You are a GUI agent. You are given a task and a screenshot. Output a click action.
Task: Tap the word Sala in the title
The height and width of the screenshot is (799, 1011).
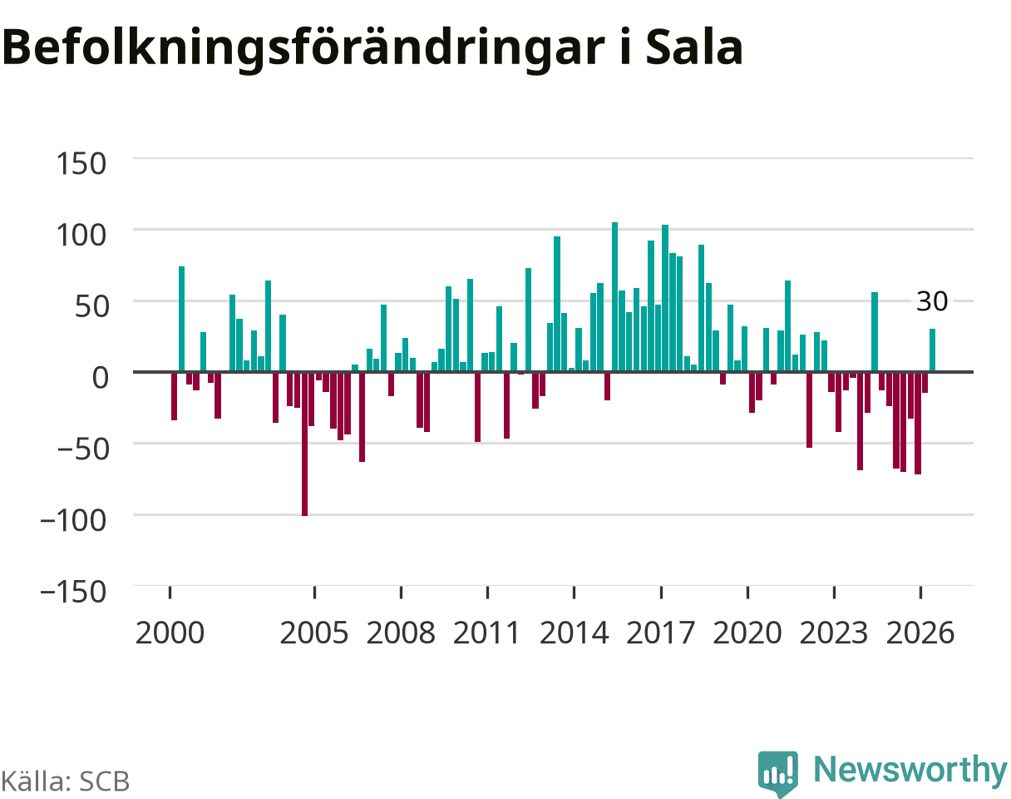694,47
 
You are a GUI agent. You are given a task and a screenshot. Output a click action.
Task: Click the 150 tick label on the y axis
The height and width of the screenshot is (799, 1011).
81,164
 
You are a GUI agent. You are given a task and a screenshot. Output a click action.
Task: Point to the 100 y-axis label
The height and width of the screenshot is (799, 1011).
81,236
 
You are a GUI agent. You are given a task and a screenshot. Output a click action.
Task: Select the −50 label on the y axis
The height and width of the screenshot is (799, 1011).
83,449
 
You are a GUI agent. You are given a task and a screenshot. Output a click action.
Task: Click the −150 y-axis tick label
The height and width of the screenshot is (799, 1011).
74,591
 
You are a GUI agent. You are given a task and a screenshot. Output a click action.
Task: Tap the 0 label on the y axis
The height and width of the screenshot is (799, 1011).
101,377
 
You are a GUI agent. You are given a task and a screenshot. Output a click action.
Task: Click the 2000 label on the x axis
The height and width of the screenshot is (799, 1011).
170,633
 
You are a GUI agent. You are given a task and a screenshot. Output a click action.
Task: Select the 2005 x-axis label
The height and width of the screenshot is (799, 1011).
314,633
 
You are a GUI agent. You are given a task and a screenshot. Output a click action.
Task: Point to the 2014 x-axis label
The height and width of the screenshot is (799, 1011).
574,633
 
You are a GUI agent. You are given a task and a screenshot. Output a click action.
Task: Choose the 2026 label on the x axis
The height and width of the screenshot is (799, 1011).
920,633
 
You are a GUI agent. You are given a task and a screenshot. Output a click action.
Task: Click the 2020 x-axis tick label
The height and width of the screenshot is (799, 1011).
747,633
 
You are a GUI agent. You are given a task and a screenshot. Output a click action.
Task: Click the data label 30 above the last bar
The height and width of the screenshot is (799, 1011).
932,301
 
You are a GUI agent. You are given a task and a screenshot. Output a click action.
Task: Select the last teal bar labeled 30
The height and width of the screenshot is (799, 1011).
932,350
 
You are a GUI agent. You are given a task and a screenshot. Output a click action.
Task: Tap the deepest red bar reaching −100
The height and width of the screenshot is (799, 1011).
304,444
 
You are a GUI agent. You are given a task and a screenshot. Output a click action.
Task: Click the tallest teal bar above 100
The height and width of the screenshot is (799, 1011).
614,297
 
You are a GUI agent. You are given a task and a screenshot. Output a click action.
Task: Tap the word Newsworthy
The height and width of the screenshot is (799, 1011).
911,769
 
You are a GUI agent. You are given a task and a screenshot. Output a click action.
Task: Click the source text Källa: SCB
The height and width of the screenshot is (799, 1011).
66,782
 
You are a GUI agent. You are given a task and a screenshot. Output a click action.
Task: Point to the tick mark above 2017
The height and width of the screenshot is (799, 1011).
661,592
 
